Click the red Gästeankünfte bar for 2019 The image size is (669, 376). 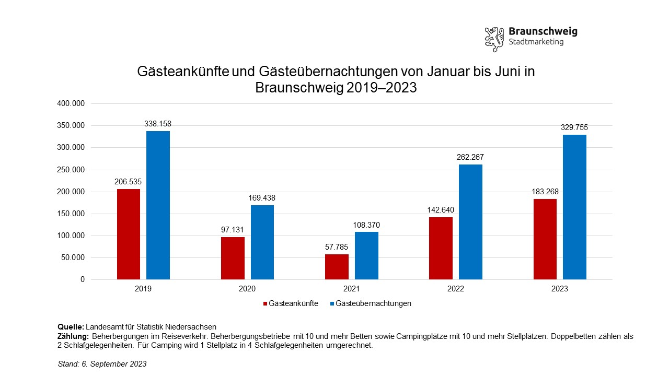pyautogui.click(x=129, y=234)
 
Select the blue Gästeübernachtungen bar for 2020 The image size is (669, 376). pyautogui.click(x=262, y=242)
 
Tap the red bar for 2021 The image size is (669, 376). pyautogui.click(x=337, y=267)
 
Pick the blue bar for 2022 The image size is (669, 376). pyautogui.click(x=470, y=222)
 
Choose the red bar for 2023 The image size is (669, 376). pyautogui.click(x=545, y=239)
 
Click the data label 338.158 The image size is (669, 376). pyautogui.click(x=158, y=124)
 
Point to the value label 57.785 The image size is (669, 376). pyautogui.click(x=337, y=247)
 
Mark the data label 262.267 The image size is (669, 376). pyautogui.click(x=470, y=157)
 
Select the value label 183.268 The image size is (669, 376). pyautogui.click(x=545, y=192)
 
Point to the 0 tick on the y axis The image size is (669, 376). pyautogui.click(x=82, y=280)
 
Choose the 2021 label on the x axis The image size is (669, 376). pyautogui.click(x=351, y=289)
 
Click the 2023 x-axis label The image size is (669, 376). pyautogui.click(x=560, y=289)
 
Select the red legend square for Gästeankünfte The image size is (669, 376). pyautogui.click(x=264, y=303)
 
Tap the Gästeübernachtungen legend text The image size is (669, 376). pyautogui.click(x=373, y=303)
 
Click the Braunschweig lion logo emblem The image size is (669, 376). pyautogui.click(x=494, y=39)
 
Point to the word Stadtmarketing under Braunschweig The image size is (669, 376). pyautogui.click(x=536, y=42)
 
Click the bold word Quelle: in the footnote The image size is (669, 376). pyautogui.click(x=71, y=327)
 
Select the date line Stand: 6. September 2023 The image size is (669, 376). pyautogui.click(x=102, y=364)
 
